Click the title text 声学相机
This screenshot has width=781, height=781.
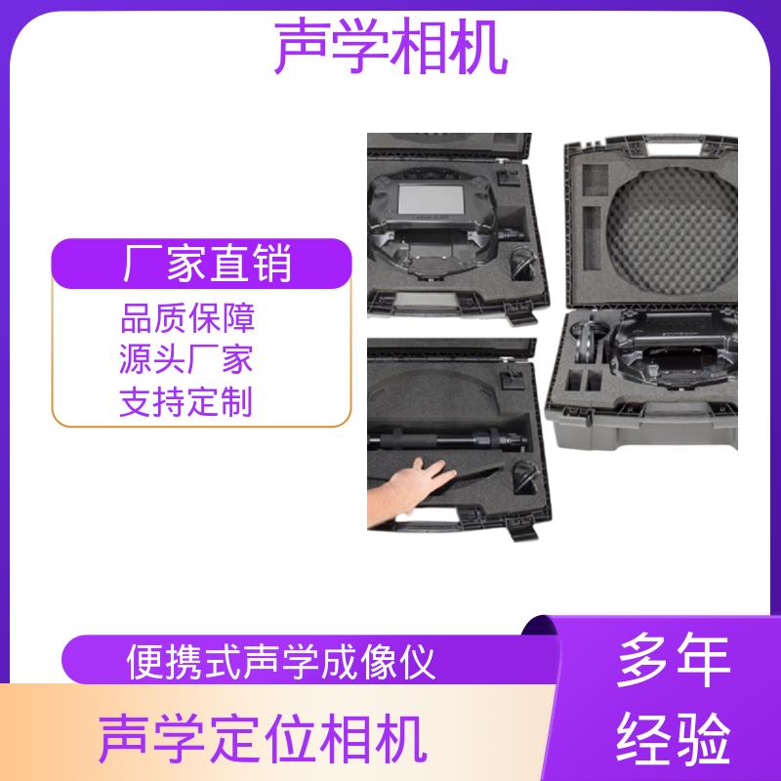tap(391, 46)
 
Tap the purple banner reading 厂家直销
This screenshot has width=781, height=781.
tap(202, 264)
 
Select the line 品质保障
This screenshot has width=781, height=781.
tap(187, 318)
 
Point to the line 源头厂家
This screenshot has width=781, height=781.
tap(186, 359)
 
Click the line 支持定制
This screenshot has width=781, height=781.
tap(186, 401)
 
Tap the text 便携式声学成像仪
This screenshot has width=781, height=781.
tap(281, 662)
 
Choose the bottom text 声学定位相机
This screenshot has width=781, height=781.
tap(263, 738)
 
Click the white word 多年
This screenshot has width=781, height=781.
tap(674, 661)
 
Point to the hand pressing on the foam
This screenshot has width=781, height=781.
tap(408, 490)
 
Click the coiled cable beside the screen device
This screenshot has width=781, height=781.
tap(524, 263)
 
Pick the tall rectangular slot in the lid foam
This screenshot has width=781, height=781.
tap(593, 239)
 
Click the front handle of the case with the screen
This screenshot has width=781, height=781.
tap(427, 301)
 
